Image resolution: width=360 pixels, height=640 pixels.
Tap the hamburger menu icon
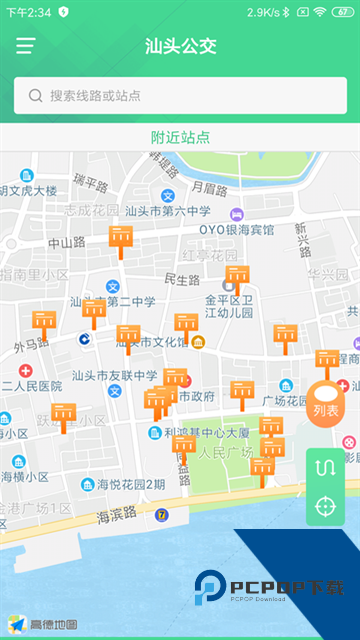tap(25, 46)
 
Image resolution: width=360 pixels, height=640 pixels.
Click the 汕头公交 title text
tap(180, 46)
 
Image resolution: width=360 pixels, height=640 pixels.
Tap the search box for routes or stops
tap(180, 96)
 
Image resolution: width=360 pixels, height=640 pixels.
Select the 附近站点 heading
tap(180, 137)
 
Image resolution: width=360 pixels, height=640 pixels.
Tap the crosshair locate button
tap(325, 506)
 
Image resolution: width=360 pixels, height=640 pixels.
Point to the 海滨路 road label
tap(117, 516)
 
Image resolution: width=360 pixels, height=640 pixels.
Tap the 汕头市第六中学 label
tap(168, 211)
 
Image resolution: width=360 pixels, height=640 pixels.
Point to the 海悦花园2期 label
tap(130, 484)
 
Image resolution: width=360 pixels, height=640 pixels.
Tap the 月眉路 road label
tap(210, 187)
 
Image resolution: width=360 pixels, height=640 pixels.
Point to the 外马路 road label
tap(32, 346)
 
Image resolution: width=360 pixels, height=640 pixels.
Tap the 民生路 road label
tap(183, 279)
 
